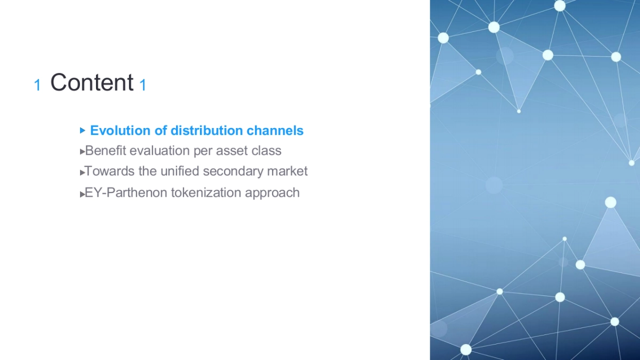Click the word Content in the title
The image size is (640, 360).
click(x=92, y=82)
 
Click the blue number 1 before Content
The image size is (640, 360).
click(x=37, y=85)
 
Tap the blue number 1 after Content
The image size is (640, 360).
click(x=143, y=85)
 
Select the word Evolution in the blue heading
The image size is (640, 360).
click(x=121, y=131)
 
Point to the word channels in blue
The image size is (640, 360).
click(x=275, y=131)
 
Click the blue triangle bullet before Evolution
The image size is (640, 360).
click(x=83, y=131)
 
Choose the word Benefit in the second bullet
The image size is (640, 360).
click(x=106, y=150)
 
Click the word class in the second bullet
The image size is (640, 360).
click(x=266, y=150)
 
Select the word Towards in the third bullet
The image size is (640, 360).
click(x=110, y=171)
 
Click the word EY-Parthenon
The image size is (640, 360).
click(x=126, y=193)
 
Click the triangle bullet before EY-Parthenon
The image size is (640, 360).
click(x=82, y=195)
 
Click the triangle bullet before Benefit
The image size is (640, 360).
click(x=82, y=151)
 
